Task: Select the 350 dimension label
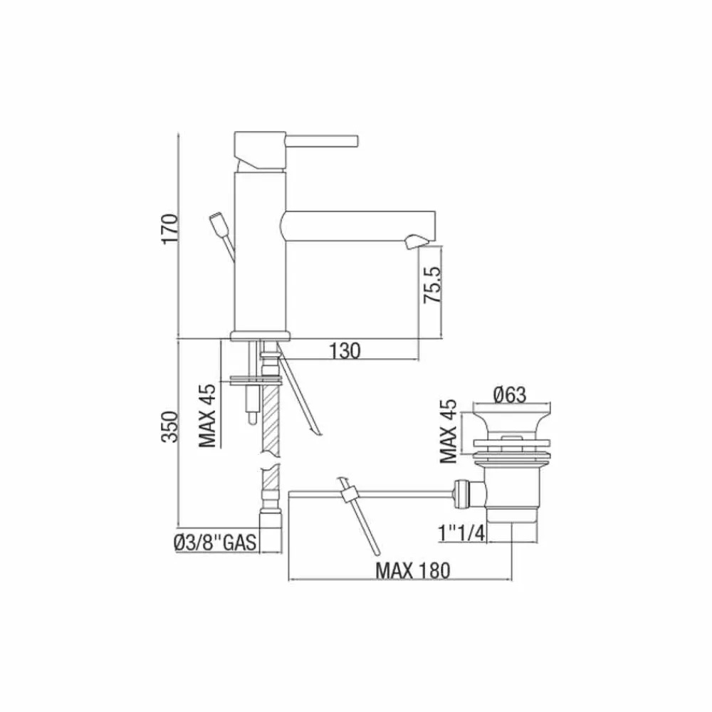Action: [x=168, y=426]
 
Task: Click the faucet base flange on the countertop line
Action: [x=261, y=335]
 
